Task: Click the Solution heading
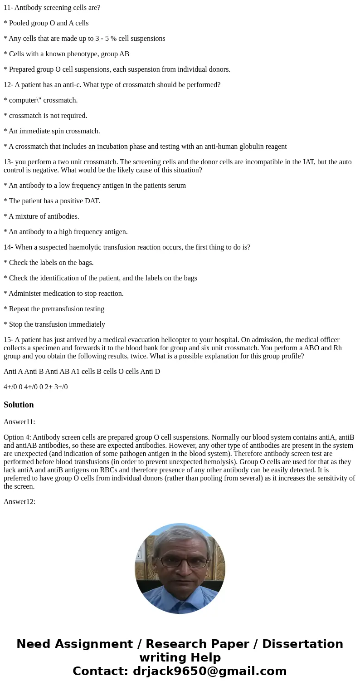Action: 19,405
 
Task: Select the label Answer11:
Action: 19,422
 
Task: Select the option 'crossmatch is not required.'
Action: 48,116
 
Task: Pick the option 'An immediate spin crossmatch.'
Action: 54,131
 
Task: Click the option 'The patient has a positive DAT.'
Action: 54,201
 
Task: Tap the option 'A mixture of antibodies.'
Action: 44,216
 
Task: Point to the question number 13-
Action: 8,162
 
